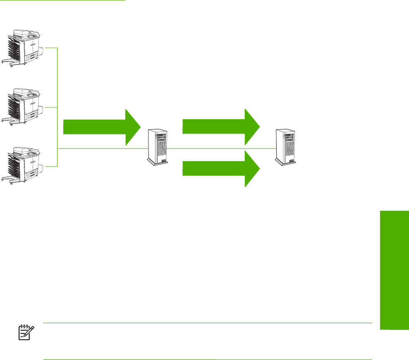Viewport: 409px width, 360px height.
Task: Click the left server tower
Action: [x=158, y=148]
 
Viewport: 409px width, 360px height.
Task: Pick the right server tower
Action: [x=286, y=148]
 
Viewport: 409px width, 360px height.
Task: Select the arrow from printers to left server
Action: [x=101, y=127]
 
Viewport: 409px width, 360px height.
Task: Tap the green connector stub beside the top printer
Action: [x=50, y=48]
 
